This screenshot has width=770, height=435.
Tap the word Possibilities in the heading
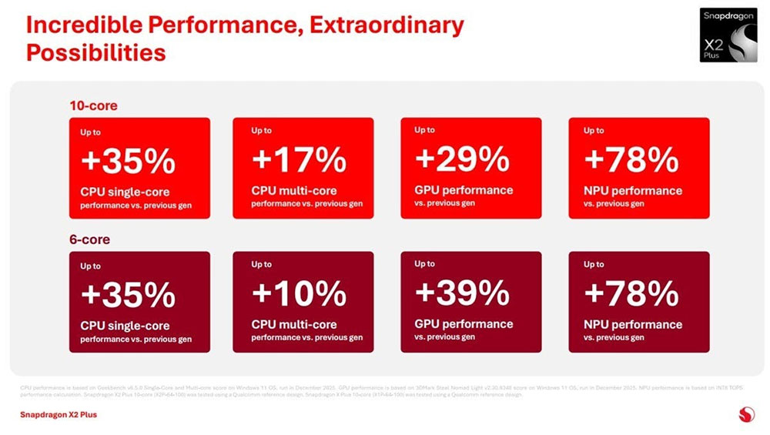click(x=96, y=52)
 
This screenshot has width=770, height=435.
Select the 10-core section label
click(x=93, y=105)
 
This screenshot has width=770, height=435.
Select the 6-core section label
click(x=89, y=239)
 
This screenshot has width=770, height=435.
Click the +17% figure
click(x=299, y=160)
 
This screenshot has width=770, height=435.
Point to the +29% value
click(x=462, y=159)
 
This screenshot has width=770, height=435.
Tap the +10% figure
click(x=299, y=293)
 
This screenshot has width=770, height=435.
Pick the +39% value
click(x=462, y=293)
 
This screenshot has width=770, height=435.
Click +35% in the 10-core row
click(x=128, y=161)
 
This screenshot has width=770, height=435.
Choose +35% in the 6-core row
click(x=128, y=295)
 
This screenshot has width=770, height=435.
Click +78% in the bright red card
click(x=631, y=159)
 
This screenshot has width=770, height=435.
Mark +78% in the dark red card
click(x=631, y=293)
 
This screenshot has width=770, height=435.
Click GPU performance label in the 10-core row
click(x=464, y=190)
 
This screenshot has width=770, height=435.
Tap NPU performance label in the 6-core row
click(x=633, y=324)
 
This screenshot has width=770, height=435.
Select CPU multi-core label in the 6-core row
click(x=294, y=325)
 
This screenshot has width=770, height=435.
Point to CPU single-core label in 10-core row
click(x=125, y=192)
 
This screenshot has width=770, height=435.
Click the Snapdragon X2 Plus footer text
click(x=59, y=415)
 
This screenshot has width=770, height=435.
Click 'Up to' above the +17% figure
click(x=261, y=131)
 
